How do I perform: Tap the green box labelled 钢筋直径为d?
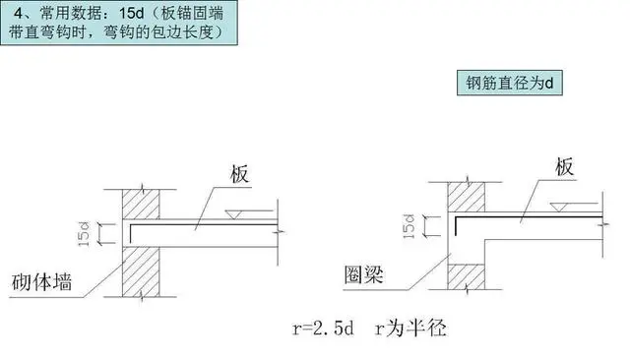pos(508,83)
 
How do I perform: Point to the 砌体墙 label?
pos(48,281)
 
